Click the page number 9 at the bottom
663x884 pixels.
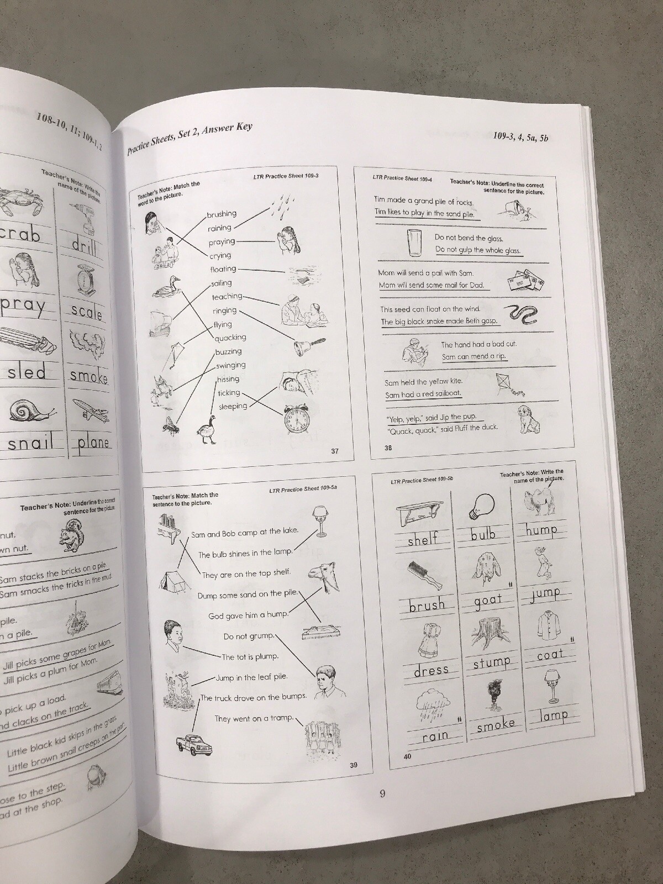pos(382,794)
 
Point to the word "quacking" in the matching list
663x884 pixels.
pos(230,338)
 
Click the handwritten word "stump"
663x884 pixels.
pos(491,662)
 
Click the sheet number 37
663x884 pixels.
pos(335,451)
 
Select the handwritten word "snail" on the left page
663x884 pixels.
pos(30,443)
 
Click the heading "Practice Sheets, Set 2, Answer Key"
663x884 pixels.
pos(190,139)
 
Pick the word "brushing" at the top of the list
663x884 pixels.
pos(222,214)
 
